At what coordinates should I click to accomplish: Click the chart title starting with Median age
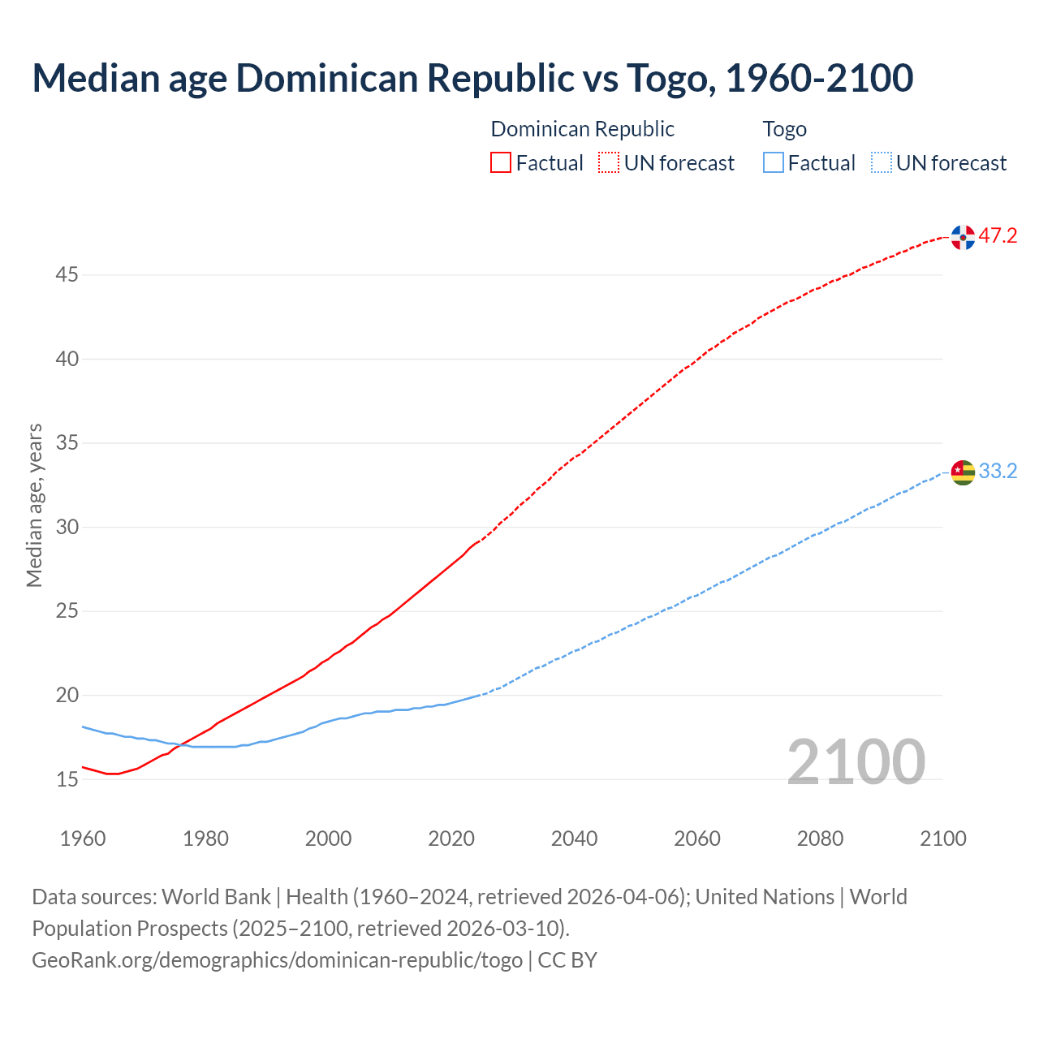(x=472, y=78)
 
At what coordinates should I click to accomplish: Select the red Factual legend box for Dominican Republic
(x=501, y=163)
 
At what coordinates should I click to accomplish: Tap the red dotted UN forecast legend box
(x=609, y=163)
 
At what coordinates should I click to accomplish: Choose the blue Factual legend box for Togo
(x=774, y=163)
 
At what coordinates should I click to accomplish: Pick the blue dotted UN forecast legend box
(x=881, y=163)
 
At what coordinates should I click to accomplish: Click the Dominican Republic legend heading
(x=582, y=129)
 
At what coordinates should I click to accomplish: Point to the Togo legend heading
(x=784, y=129)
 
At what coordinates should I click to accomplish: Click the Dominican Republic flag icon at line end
(x=963, y=237)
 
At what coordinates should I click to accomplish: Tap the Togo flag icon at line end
(x=963, y=472)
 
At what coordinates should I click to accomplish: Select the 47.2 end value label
(x=998, y=236)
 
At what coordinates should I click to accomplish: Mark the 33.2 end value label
(x=998, y=472)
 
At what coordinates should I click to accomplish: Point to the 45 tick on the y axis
(x=67, y=275)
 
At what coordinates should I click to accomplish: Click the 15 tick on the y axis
(x=67, y=779)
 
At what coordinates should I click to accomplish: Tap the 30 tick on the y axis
(x=67, y=528)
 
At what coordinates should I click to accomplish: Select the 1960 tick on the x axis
(x=83, y=839)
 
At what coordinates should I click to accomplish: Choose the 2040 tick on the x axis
(x=574, y=839)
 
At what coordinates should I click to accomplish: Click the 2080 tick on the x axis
(x=820, y=839)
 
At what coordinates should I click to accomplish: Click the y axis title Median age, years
(x=34, y=505)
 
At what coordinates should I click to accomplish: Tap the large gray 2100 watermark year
(x=856, y=762)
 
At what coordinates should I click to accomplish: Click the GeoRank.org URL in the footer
(x=277, y=960)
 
